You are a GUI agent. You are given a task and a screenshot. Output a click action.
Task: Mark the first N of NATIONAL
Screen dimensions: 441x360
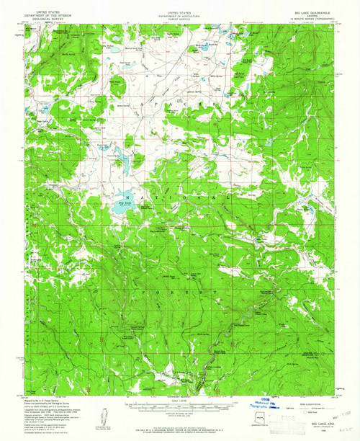pyautogui.click(x=126, y=194)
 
